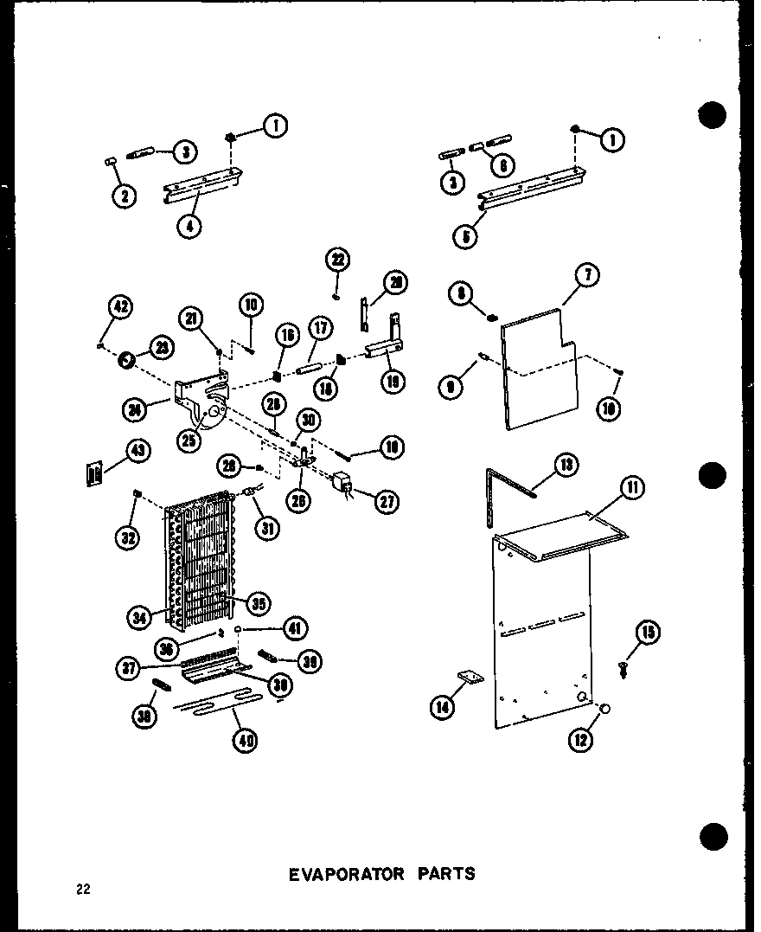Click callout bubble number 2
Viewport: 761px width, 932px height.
(x=125, y=196)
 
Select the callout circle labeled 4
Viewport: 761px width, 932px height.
(x=189, y=227)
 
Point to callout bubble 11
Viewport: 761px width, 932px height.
(x=632, y=490)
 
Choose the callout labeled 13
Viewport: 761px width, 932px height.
(x=566, y=466)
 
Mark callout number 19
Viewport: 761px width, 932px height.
(x=393, y=381)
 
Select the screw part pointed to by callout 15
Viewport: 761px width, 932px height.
(x=623, y=667)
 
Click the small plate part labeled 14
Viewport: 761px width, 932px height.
(x=468, y=678)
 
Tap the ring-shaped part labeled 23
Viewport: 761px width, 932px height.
(x=125, y=357)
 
